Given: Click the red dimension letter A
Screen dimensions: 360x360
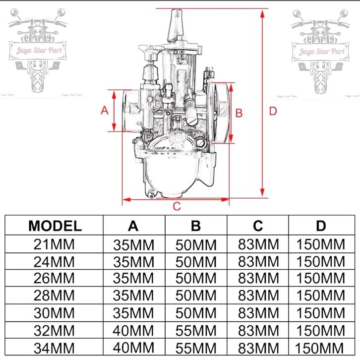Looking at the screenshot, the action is pyautogui.click(x=105, y=111).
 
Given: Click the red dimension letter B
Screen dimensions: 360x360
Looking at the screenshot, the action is pyautogui.click(x=239, y=113).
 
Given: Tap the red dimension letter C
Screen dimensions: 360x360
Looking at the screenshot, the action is pyautogui.click(x=177, y=206).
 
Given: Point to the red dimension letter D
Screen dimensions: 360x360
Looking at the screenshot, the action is pyautogui.click(x=273, y=112).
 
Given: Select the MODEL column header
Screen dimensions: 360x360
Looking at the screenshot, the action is pyautogui.click(x=55, y=226).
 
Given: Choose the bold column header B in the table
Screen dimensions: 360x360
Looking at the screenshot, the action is pyautogui.click(x=196, y=226).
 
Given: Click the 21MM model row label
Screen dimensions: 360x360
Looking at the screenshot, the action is pyautogui.click(x=54, y=244).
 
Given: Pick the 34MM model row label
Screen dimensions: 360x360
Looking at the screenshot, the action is pyautogui.click(x=54, y=348).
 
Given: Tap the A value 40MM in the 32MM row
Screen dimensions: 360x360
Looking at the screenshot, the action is pyautogui.click(x=133, y=331).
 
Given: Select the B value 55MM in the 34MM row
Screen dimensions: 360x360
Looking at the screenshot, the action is pyautogui.click(x=196, y=348).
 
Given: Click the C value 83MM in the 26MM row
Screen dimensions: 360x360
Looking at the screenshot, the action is pyautogui.click(x=258, y=278).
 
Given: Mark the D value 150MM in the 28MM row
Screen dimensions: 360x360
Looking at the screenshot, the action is pyautogui.click(x=321, y=295).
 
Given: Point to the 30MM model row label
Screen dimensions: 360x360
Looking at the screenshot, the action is pyautogui.click(x=54, y=313).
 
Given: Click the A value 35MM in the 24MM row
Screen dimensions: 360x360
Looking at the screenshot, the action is pyautogui.click(x=133, y=262).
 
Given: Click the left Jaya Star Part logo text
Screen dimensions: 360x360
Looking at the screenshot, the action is pyautogui.click(x=39, y=50).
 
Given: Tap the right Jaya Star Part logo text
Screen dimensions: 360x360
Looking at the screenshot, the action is pyautogui.click(x=322, y=51).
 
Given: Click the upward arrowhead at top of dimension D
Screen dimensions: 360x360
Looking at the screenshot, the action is pyautogui.click(x=262, y=14).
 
